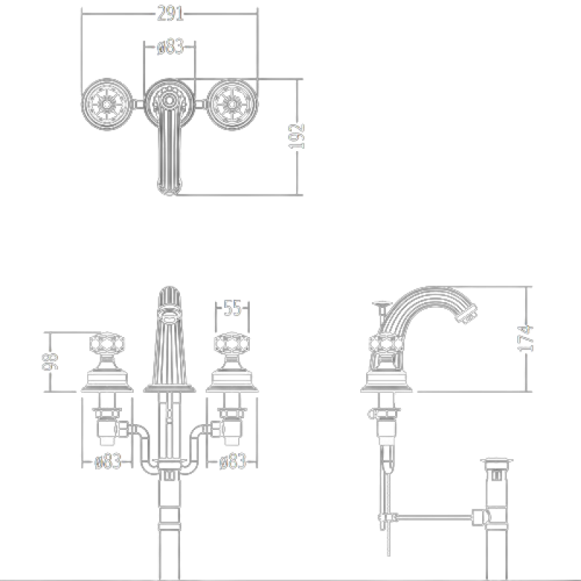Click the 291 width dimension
[170, 14]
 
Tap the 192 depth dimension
[296, 137]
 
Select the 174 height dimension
[525, 338]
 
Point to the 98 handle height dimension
[49, 361]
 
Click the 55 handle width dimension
[232, 308]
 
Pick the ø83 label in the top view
[170, 46]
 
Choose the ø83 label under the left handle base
[107, 462]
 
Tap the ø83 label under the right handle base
[232, 462]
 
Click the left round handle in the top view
[107, 104]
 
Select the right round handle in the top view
[232, 104]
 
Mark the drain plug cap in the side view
[497, 461]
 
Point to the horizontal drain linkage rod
[434, 516]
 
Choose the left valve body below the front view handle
[107, 426]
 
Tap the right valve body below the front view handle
[231, 426]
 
